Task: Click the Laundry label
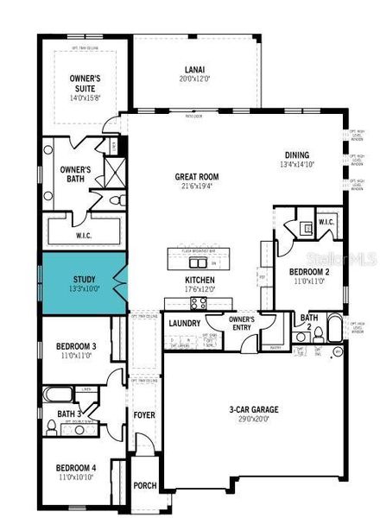pos(185,324)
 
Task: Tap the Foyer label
pos(143,415)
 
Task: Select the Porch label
pos(144,485)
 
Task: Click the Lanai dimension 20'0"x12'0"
pos(194,79)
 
